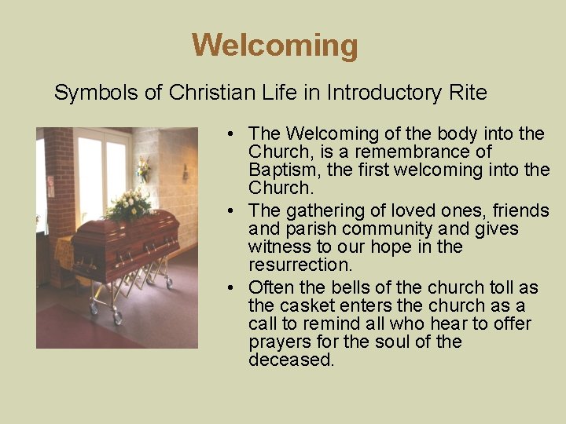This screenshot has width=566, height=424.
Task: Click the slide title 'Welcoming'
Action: point(274,45)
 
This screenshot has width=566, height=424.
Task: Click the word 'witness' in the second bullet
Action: point(279,247)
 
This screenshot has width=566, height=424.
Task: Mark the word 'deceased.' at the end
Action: point(292,360)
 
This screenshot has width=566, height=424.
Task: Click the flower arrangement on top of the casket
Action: point(130,206)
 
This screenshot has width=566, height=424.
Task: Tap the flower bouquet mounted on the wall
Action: point(143,168)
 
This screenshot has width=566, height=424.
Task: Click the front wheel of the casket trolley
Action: point(118,318)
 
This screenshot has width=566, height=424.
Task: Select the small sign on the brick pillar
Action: point(51,187)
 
